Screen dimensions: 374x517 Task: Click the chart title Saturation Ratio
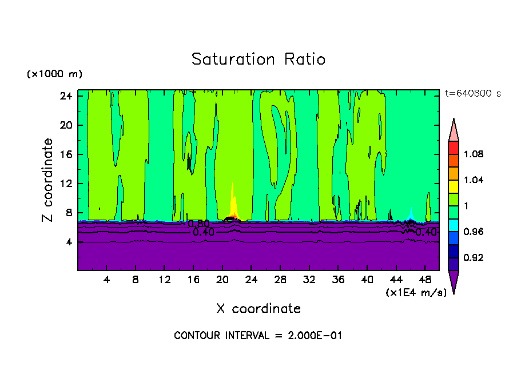click(x=258, y=59)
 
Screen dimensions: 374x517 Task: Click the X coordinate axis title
click(x=258, y=309)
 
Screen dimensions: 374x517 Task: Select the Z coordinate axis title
click(x=48, y=180)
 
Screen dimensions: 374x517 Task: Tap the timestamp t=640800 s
click(x=472, y=94)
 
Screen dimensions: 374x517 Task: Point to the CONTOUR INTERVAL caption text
click(x=258, y=336)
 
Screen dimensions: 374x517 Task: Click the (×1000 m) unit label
click(x=54, y=74)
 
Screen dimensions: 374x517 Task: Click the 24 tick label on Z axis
click(x=66, y=96)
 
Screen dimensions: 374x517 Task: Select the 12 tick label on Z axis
click(x=66, y=184)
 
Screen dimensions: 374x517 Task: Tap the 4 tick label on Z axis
click(x=69, y=242)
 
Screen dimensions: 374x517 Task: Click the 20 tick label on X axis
click(x=222, y=280)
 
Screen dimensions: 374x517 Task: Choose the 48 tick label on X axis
click(x=425, y=280)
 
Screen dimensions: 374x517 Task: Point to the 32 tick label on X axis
click(x=309, y=280)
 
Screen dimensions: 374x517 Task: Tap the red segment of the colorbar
click(x=454, y=148)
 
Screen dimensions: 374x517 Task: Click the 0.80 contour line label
click(x=199, y=224)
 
